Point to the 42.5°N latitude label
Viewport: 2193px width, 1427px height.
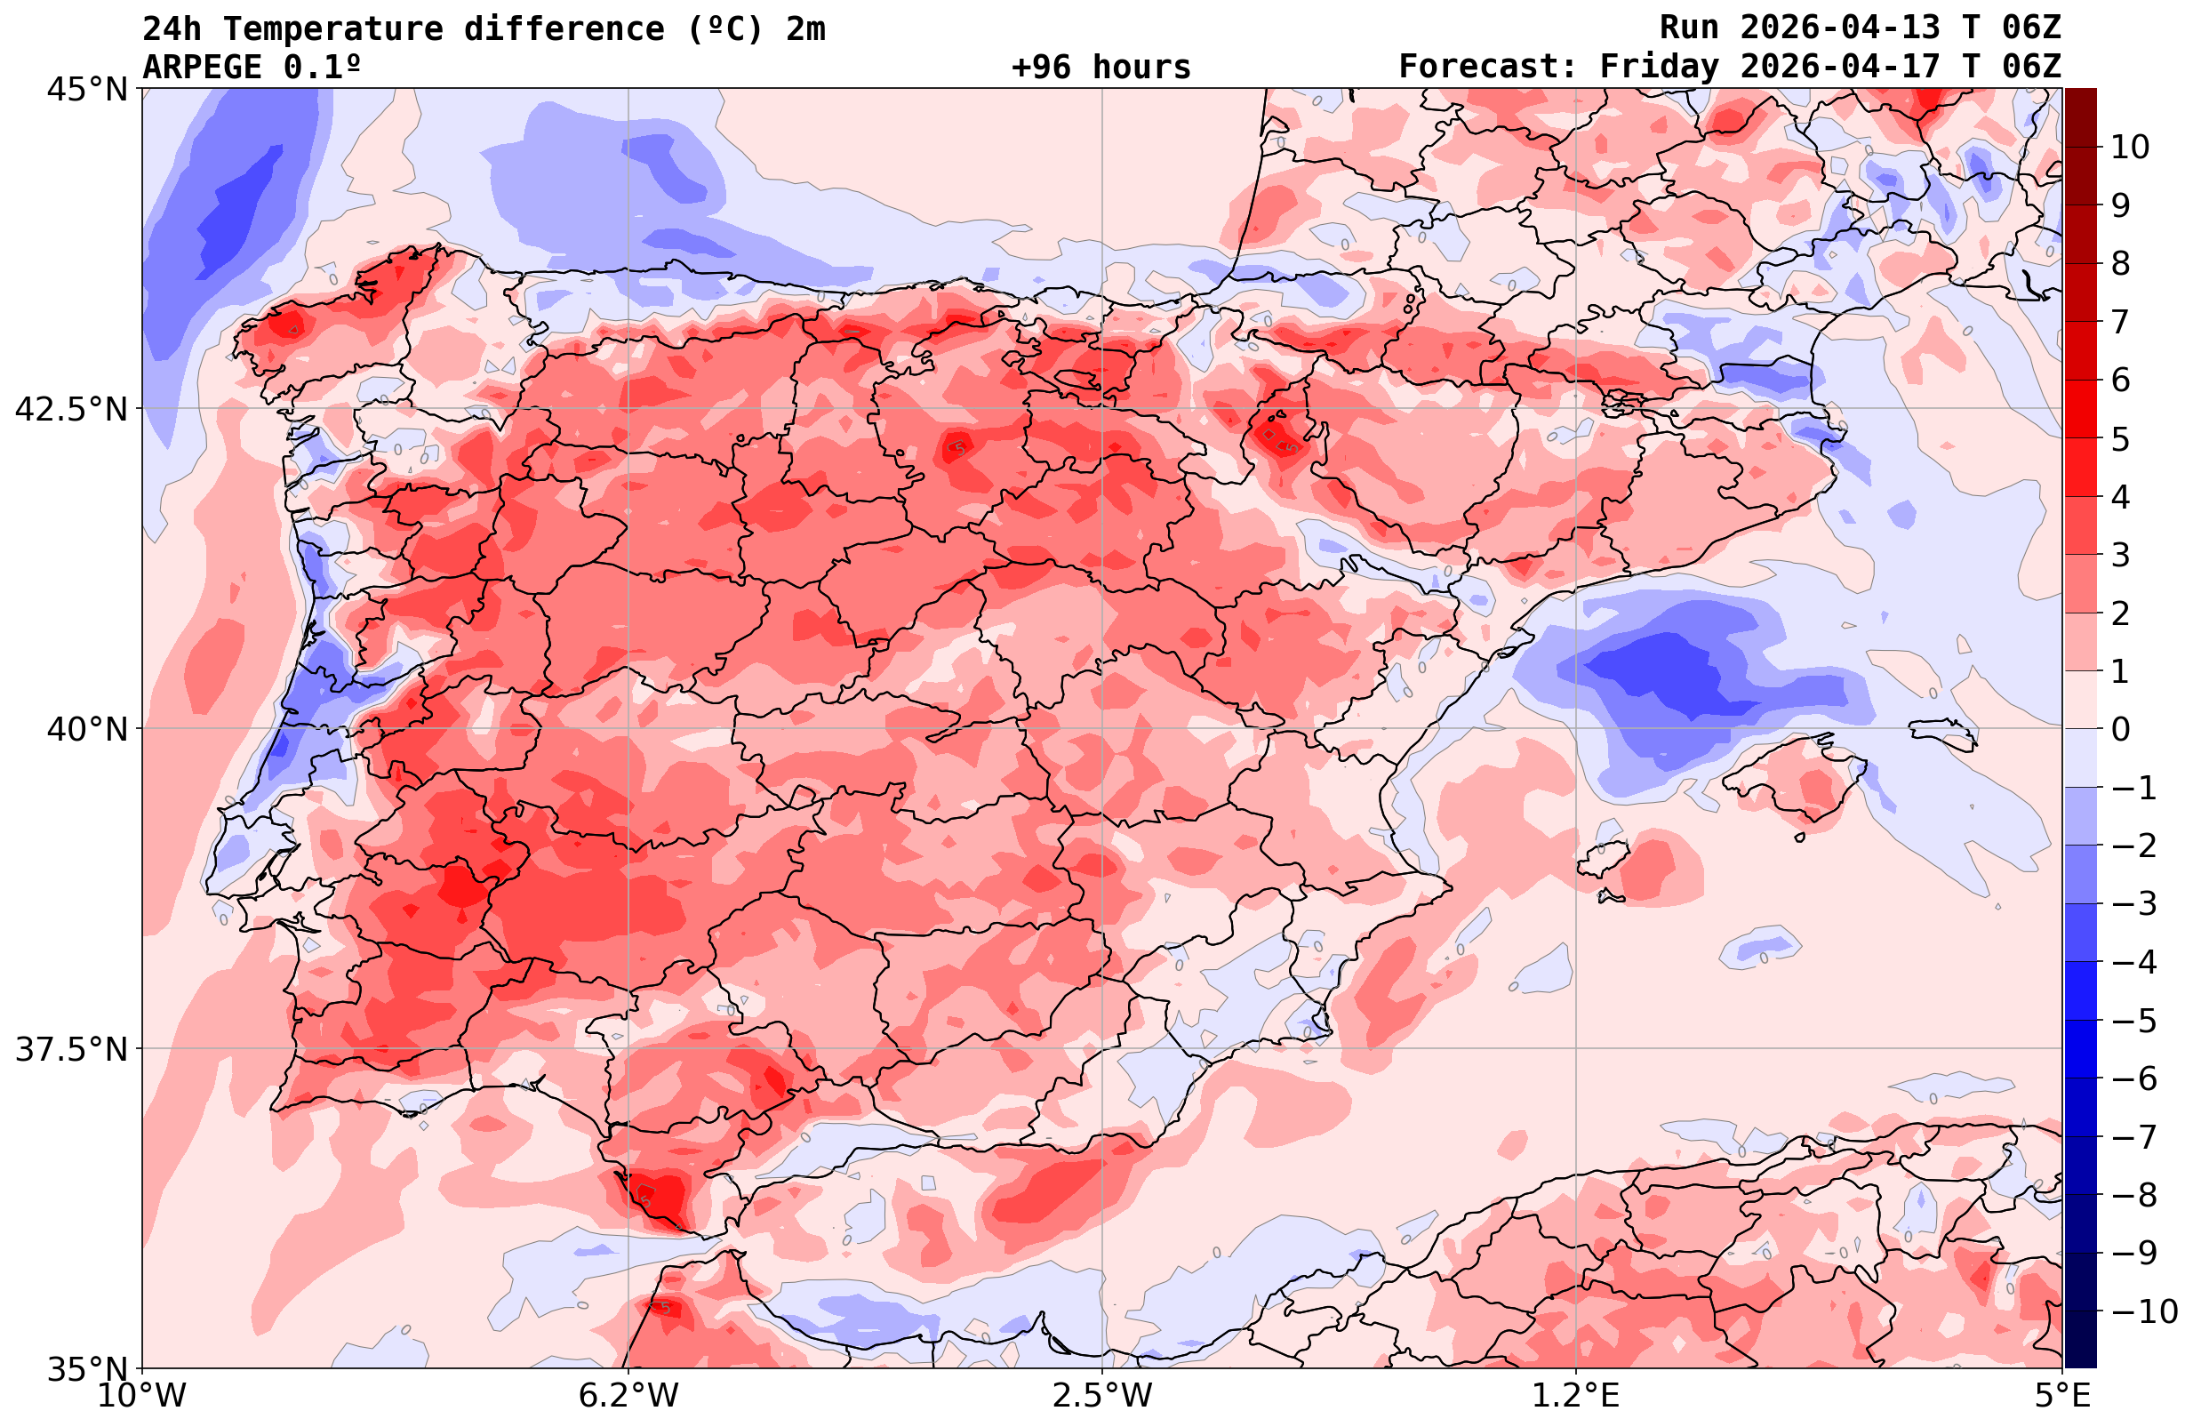pos(71,408)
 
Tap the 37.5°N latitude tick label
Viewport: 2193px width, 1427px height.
pos(71,1049)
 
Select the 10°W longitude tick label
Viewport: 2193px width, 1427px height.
pos(143,1396)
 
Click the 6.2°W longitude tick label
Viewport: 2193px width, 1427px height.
pos(628,1396)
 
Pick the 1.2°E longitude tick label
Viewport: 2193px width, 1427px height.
pos(1576,1396)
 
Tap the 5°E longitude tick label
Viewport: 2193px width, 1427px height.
pos(2062,1396)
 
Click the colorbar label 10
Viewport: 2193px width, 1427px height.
pos(2131,147)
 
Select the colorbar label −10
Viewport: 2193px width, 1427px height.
pos(2144,1310)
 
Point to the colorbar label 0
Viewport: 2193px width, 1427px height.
pos(2120,729)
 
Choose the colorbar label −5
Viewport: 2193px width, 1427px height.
pos(2134,1021)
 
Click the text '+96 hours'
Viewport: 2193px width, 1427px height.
pos(1101,68)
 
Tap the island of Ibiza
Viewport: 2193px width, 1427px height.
pos(1604,859)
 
